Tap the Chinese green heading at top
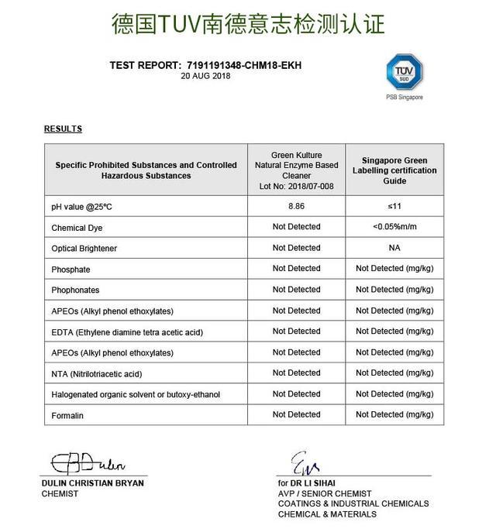click(248, 23)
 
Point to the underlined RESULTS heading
click(63, 129)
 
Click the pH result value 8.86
click(296, 207)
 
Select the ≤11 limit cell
click(394, 207)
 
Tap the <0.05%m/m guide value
click(394, 227)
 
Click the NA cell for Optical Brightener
click(394, 248)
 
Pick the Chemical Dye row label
click(77, 228)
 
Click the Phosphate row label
click(71, 270)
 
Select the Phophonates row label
click(77, 290)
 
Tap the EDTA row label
click(127, 331)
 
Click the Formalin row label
click(67, 415)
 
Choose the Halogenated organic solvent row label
click(136, 394)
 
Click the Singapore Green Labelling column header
click(394, 170)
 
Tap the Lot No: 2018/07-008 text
click(296, 187)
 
